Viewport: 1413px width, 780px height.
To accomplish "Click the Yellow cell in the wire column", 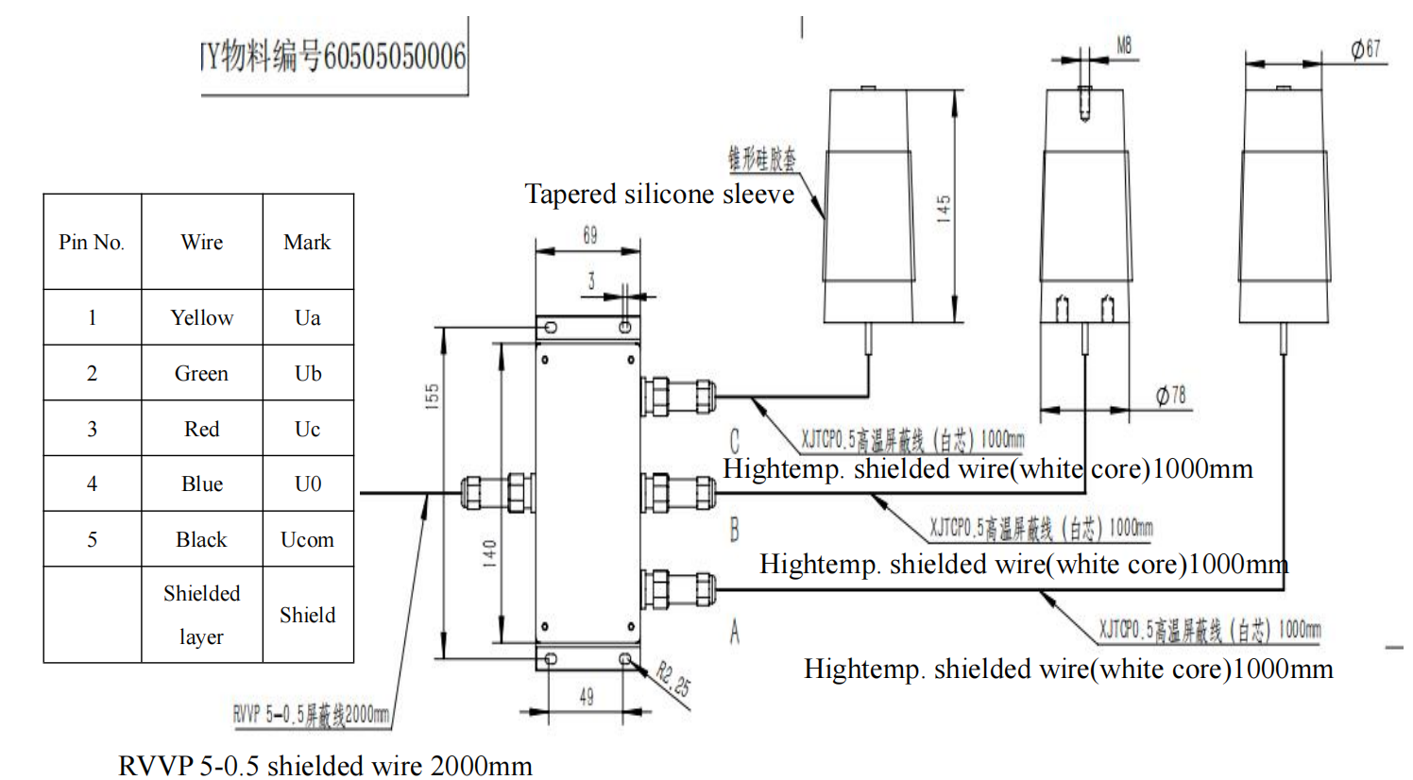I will (x=202, y=317).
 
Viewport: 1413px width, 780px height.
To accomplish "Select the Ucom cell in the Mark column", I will (x=307, y=539).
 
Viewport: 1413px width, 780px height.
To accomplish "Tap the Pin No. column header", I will (x=92, y=242).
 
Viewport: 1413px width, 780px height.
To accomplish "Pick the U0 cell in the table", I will (x=308, y=483).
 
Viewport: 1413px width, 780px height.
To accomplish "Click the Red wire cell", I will (x=202, y=429).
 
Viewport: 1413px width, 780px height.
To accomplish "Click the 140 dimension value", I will (x=489, y=552).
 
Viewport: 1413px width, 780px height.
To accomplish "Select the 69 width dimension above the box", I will (x=589, y=235).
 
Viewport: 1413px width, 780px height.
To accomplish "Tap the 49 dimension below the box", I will (x=587, y=697).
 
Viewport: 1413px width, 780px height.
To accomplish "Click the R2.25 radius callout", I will (x=673, y=679).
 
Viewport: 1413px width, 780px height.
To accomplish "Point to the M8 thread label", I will (x=1124, y=45).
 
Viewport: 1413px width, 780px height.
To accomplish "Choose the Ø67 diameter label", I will (x=1366, y=49).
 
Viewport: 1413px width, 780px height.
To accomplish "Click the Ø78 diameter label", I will (x=1171, y=396).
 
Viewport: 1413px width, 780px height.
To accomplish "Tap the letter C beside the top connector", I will (x=735, y=440).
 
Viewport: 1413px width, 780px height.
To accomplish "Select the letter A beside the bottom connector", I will (x=735, y=632).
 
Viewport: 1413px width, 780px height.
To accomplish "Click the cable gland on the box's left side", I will (x=496, y=492).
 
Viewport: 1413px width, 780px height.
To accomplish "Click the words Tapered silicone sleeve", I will (x=659, y=194).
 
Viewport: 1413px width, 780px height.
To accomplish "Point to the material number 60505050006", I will (x=394, y=57).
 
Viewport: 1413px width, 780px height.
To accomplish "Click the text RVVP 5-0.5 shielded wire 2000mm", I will (x=325, y=765).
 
